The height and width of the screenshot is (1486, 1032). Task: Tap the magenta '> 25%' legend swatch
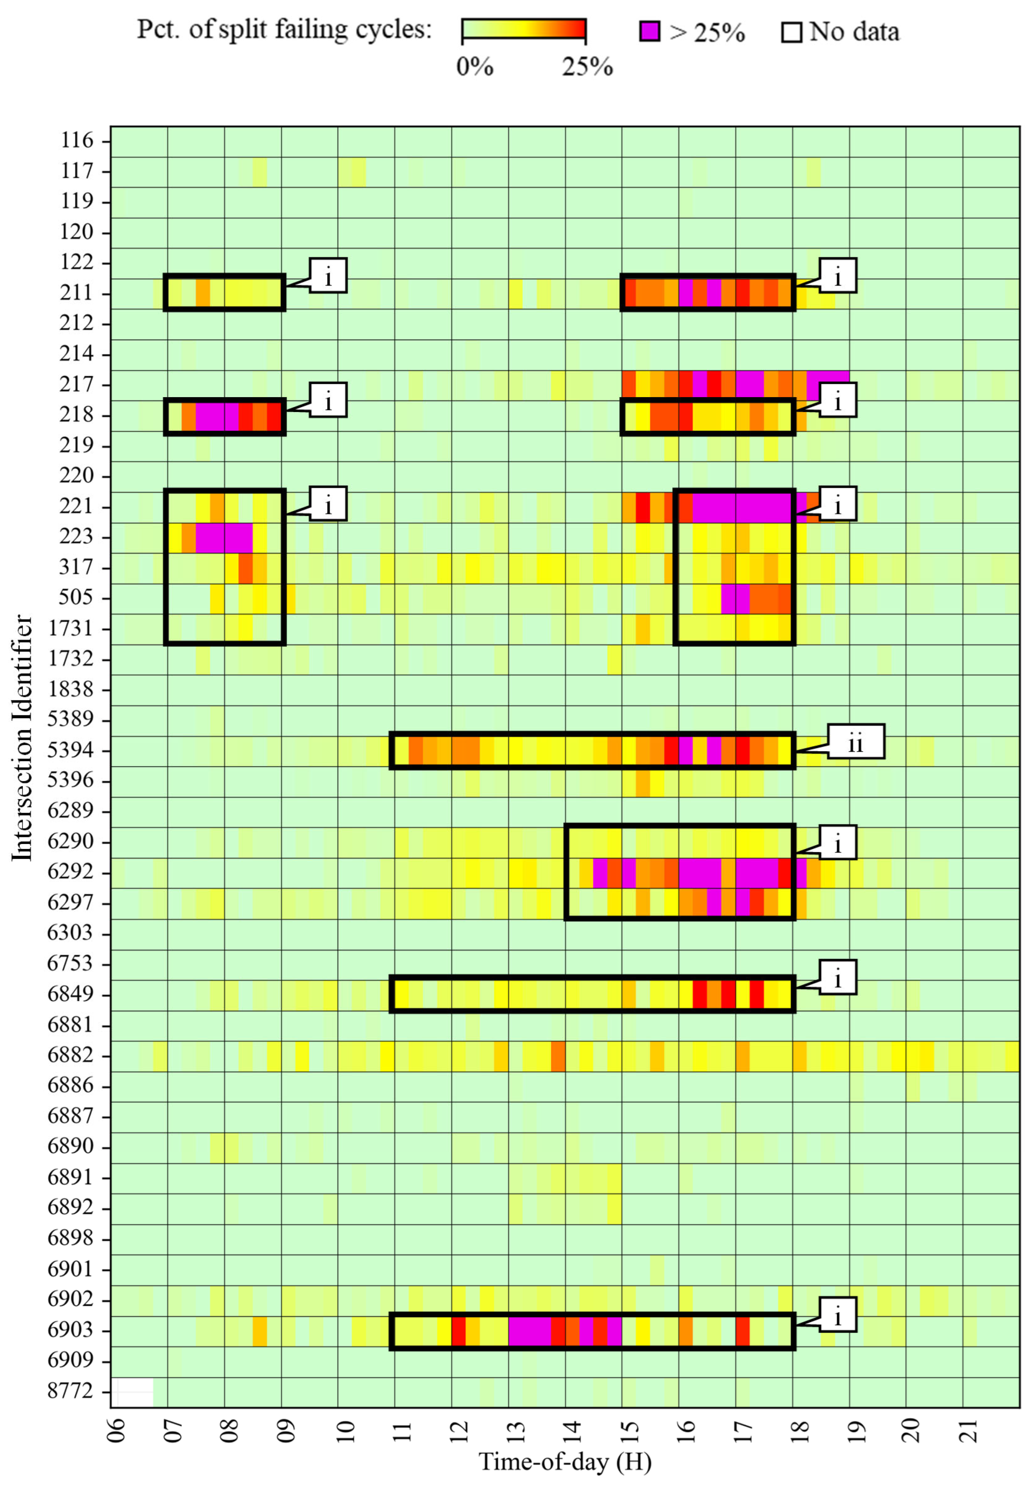pos(650,31)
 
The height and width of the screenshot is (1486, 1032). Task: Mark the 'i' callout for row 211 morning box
pos(328,276)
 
